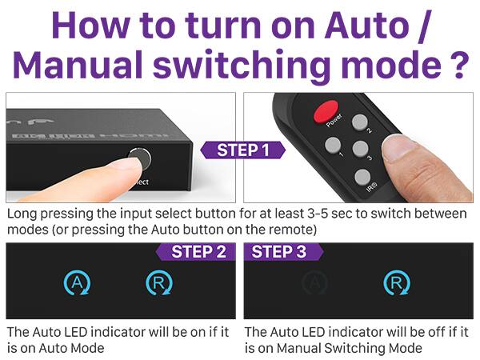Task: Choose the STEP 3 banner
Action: pos(279,252)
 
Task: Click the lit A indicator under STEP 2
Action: pos(74,282)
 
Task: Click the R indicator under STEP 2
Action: pos(156,282)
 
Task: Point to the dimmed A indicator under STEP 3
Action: pos(315,282)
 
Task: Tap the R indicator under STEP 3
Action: pos(394,282)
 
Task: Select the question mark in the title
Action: pos(456,65)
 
